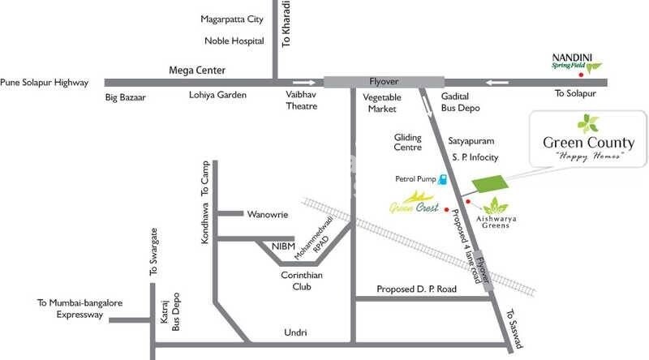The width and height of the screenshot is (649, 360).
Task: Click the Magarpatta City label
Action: (x=233, y=19)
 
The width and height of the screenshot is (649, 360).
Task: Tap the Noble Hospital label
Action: (x=233, y=40)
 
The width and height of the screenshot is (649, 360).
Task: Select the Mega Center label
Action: (x=196, y=71)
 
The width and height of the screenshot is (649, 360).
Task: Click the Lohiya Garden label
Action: (x=217, y=95)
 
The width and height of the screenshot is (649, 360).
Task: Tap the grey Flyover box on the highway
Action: (x=384, y=82)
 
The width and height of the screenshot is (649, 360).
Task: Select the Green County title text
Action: (x=588, y=144)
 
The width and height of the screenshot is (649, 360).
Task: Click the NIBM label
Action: (x=262, y=246)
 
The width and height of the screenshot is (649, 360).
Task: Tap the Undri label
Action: (x=295, y=332)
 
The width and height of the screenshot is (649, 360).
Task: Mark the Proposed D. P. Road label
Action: (x=417, y=289)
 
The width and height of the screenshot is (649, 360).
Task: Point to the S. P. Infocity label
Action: (x=475, y=157)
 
